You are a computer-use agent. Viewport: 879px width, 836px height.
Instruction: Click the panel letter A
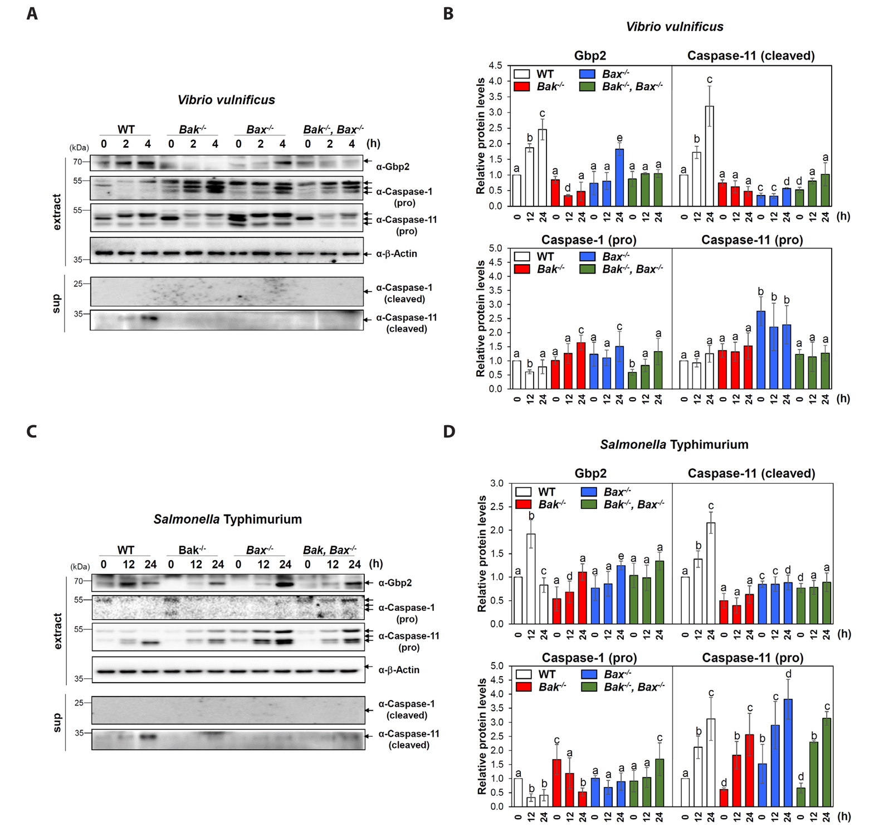click(32, 13)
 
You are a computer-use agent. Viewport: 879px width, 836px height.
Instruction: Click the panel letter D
click(449, 431)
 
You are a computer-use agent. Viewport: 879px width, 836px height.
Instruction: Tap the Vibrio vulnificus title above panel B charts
click(674, 27)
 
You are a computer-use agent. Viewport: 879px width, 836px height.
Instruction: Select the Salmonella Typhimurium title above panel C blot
click(227, 519)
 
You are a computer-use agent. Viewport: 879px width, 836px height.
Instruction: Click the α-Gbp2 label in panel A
click(392, 167)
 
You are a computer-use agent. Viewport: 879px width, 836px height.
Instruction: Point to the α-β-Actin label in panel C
click(398, 670)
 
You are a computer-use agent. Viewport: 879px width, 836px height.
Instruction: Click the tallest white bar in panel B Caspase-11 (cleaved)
click(709, 156)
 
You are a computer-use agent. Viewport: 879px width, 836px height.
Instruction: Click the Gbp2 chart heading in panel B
click(590, 56)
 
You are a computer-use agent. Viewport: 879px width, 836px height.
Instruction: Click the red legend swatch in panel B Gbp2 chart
click(522, 87)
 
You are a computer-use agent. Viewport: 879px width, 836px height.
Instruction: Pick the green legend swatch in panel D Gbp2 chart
click(589, 504)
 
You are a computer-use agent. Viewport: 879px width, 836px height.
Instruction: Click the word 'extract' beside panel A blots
click(57, 212)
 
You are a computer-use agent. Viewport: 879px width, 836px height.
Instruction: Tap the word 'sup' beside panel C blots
click(57, 722)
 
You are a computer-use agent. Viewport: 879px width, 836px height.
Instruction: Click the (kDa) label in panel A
click(79, 148)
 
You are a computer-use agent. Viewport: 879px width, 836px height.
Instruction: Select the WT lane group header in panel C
click(126, 550)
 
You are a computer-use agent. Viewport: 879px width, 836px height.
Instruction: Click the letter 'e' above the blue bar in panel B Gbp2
click(619, 138)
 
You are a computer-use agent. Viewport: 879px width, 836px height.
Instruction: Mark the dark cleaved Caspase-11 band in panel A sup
click(149, 319)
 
